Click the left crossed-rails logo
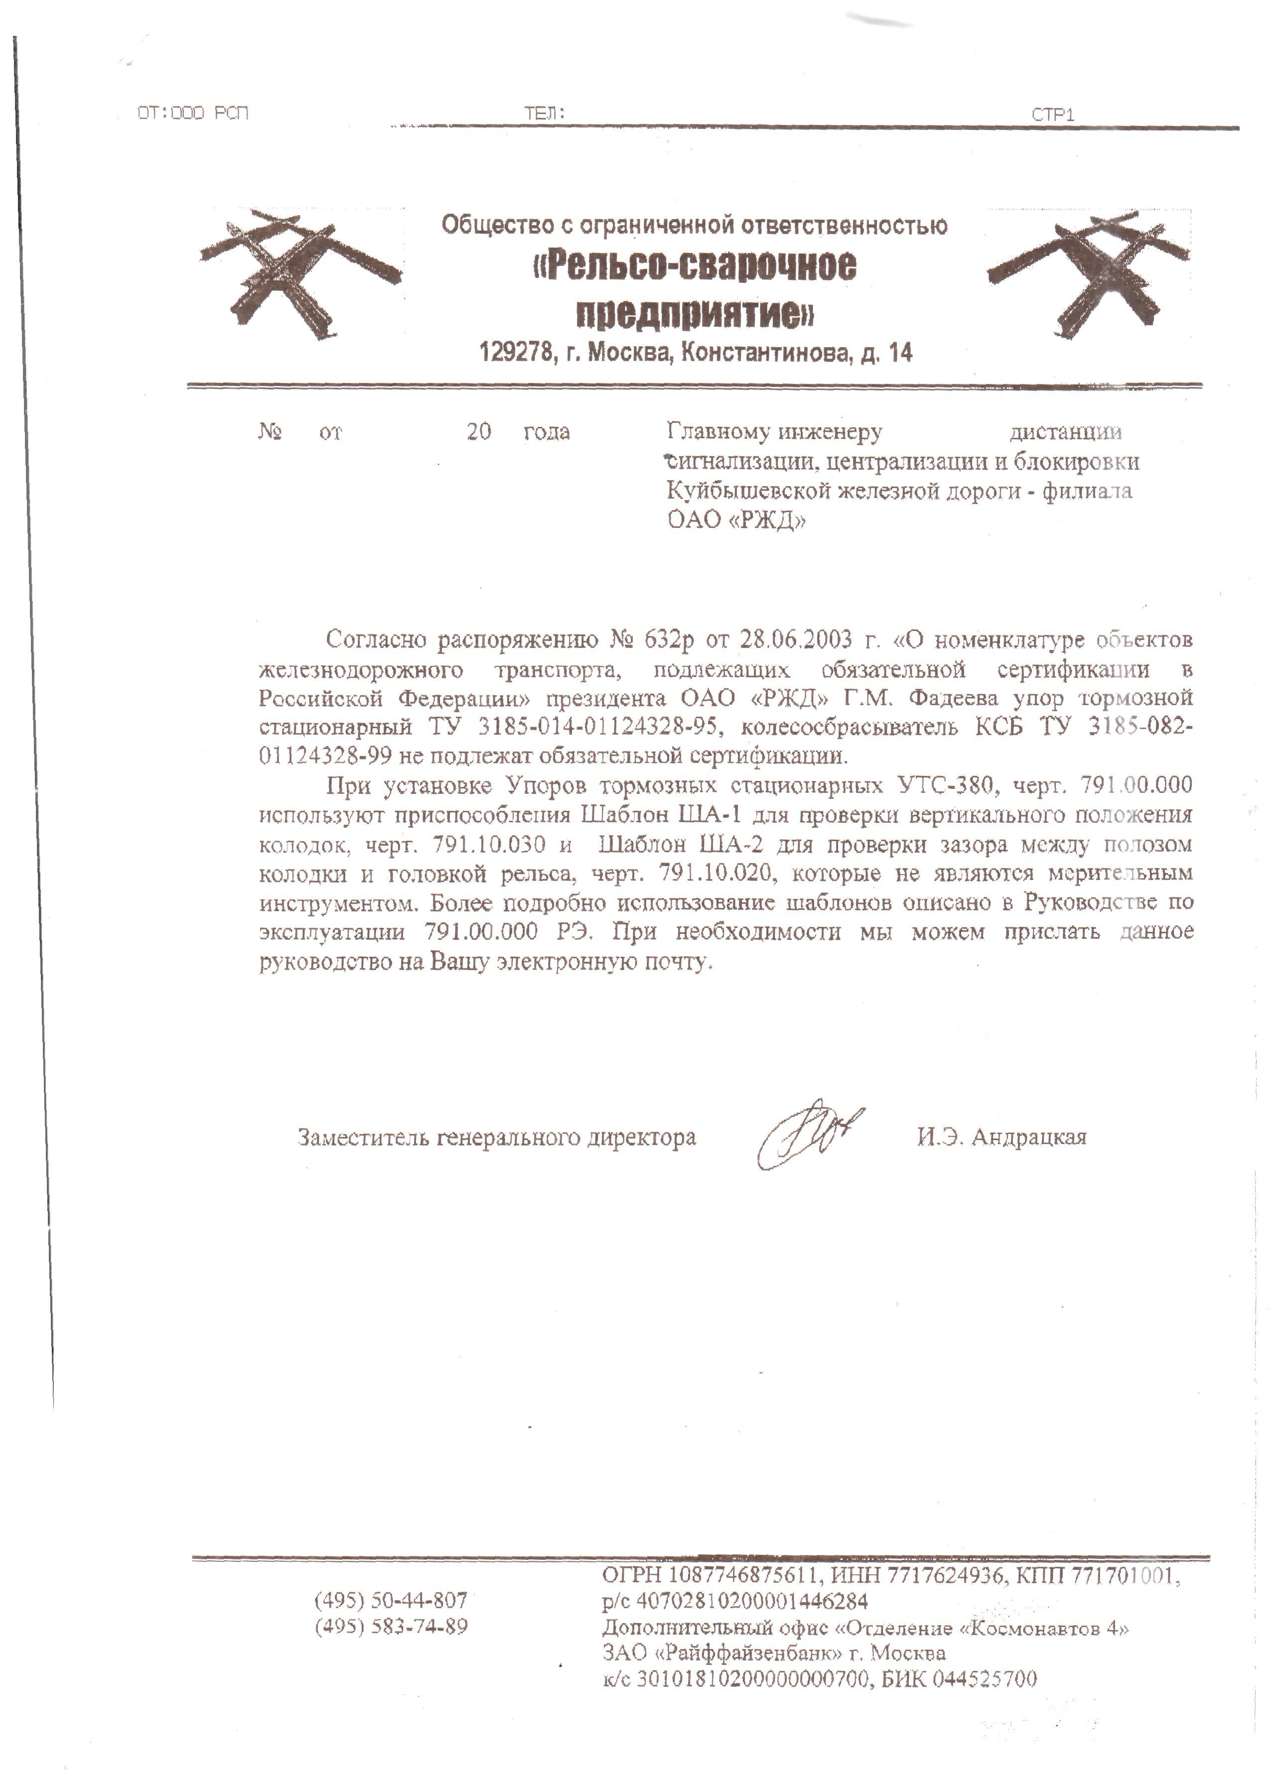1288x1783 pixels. tap(299, 271)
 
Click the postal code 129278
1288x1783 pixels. tap(515, 353)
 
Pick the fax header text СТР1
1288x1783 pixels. tap(1052, 115)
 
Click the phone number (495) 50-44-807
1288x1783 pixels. tap(391, 1600)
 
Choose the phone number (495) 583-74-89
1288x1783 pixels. tap(391, 1626)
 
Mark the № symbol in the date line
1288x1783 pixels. tap(270, 432)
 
